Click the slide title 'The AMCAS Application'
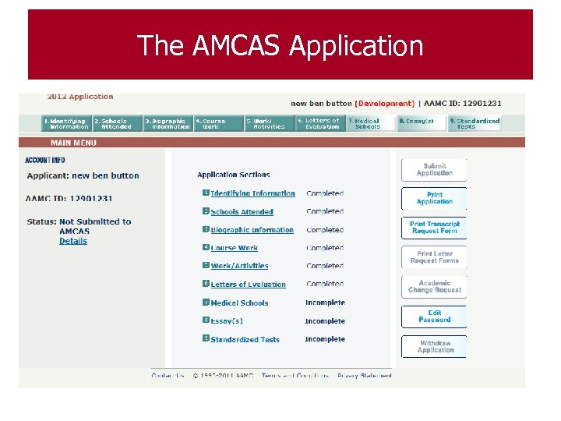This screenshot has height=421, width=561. [x=280, y=45]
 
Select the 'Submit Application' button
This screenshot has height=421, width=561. [x=434, y=170]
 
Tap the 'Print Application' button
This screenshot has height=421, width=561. [x=434, y=198]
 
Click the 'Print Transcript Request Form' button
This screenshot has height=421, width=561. [x=434, y=228]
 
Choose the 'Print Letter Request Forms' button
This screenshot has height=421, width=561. [x=434, y=257]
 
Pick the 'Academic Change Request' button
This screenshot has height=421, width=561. [x=434, y=287]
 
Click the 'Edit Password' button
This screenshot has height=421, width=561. [x=434, y=317]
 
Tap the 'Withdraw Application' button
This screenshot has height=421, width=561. [x=434, y=347]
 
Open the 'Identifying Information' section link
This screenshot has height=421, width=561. [x=252, y=193]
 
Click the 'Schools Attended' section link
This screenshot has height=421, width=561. [x=242, y=212]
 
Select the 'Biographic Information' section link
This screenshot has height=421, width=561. [x=252, y=230]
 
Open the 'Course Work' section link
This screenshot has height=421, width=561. [x=234, y=248]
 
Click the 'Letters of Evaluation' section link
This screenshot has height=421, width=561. [x=248, y=285]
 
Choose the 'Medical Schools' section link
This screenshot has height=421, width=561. [x=239, y=303]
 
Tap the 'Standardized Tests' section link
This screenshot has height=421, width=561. [x=245, y=340]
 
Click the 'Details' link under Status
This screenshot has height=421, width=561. [x=73, y=241]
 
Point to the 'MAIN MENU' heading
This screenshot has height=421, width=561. [x=73, y=143]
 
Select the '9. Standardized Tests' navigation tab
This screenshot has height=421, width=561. [x=475, y=123]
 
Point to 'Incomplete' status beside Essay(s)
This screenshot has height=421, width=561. [x=325, y=321]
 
